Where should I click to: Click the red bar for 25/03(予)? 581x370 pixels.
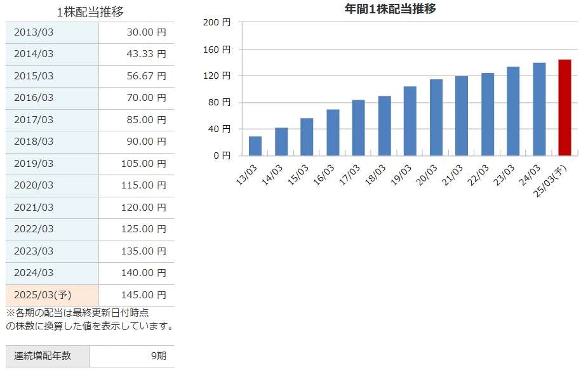(564, 107)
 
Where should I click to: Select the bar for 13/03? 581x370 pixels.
(255, 146)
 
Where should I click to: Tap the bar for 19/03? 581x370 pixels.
(410, 121)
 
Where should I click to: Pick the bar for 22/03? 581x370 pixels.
(487, 114)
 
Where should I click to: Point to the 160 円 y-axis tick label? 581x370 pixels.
(217, 50)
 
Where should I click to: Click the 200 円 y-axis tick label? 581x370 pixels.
(217, 22)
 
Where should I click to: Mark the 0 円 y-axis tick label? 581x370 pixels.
(222, 155)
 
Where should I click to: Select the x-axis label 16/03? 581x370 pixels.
(324, 175)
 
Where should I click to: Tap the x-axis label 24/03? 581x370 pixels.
(530, 175)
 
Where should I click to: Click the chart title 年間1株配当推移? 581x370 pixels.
(390, 8)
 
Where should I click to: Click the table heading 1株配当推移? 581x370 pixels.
(90, 12)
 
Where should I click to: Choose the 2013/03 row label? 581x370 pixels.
(34, 32)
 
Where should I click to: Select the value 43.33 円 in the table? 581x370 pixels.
(147, 54)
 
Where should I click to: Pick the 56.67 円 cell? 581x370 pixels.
(147, 76)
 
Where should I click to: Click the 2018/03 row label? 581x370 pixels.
(34, 142)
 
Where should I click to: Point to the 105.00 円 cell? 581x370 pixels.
(144, 163)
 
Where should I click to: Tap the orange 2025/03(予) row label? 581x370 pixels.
(43, 295)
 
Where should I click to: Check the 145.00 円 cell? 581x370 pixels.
(144, 295)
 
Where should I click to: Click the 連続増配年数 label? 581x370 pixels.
(43, 356)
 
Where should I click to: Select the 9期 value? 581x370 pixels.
(159, 356)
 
